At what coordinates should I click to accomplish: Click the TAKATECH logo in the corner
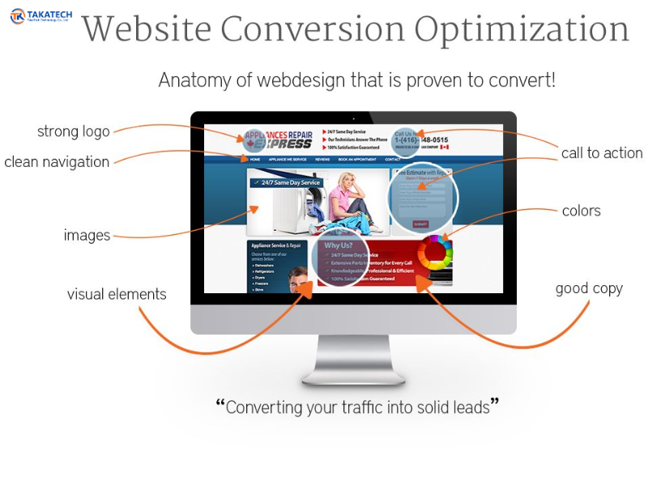click(x=40, y=15)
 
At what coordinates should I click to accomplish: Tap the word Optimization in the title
click(x=522, y=31)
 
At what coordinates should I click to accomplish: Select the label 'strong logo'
click(x=73, y=131)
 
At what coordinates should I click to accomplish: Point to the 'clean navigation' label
click(x=57, y=162)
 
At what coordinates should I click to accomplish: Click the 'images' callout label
click(x=87, y=236)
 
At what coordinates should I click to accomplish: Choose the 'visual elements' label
click(x=117, y=294)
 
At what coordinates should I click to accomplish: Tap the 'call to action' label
click(x=602, y=153)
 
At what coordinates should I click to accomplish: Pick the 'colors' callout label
click(x=582, y=211)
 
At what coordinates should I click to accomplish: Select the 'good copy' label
click(x=589, y=288)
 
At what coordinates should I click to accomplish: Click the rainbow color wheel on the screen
click(x=434, y=252)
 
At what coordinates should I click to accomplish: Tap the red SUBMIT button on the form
click(x=420, y=224)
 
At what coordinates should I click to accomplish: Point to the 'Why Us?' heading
click(x=338, y=245)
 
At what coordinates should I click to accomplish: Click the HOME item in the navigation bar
click(x=255, y=160)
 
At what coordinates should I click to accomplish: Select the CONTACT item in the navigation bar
click(x=393, y=160)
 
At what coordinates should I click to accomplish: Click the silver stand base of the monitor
click(x=353, y=376)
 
